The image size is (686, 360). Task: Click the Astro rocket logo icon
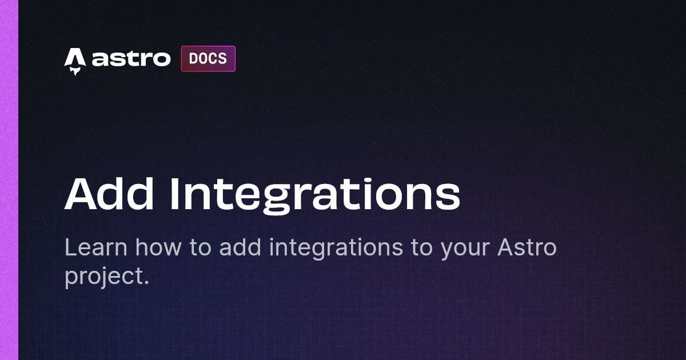(75, 61)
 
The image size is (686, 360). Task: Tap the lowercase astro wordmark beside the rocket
(131, 58)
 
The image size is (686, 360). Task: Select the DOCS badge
(208, 59)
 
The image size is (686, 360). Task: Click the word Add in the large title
(109, 194)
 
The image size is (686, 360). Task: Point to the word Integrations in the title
(315, 196)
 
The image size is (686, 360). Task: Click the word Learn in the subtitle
(96, 247)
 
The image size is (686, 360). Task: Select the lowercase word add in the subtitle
(240, 247)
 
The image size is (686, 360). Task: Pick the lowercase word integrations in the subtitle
(336, 249)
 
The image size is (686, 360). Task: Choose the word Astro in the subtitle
(527, 247)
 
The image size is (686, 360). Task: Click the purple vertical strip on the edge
(9, 180)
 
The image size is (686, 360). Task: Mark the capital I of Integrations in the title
(174, 194)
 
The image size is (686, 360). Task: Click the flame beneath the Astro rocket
(75, 71)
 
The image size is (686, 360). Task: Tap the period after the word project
(146, 282)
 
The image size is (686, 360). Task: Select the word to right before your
(421, 248)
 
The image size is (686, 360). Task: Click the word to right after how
(200, 248)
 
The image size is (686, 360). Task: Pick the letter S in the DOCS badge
(222, 58)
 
